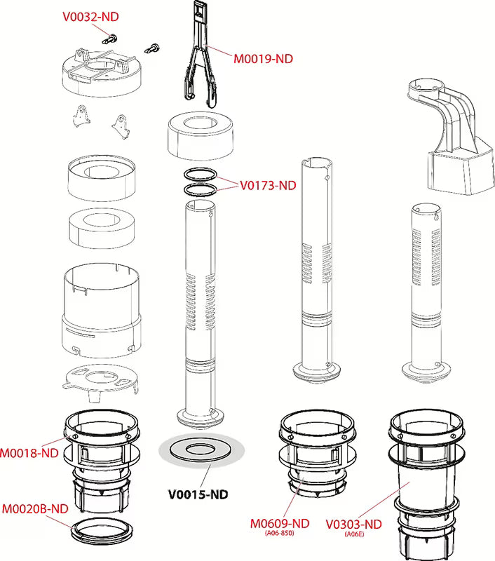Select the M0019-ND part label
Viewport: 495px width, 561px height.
(x=263, y=59)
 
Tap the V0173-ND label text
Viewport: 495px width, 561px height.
(x=268, y=186)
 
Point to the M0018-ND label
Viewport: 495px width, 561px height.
(x=29, y=452)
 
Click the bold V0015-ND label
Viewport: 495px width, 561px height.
(x=198, y=494)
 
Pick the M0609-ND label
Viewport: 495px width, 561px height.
(x=280, y=523)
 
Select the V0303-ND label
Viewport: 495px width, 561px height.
(x=353, y=524)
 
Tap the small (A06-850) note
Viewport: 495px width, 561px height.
(x=280, y=534)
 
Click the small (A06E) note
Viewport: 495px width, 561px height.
(x=354, y=534)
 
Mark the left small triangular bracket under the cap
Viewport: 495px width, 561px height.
(x=83, y=115)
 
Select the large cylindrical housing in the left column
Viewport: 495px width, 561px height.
(x=102, y=309)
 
